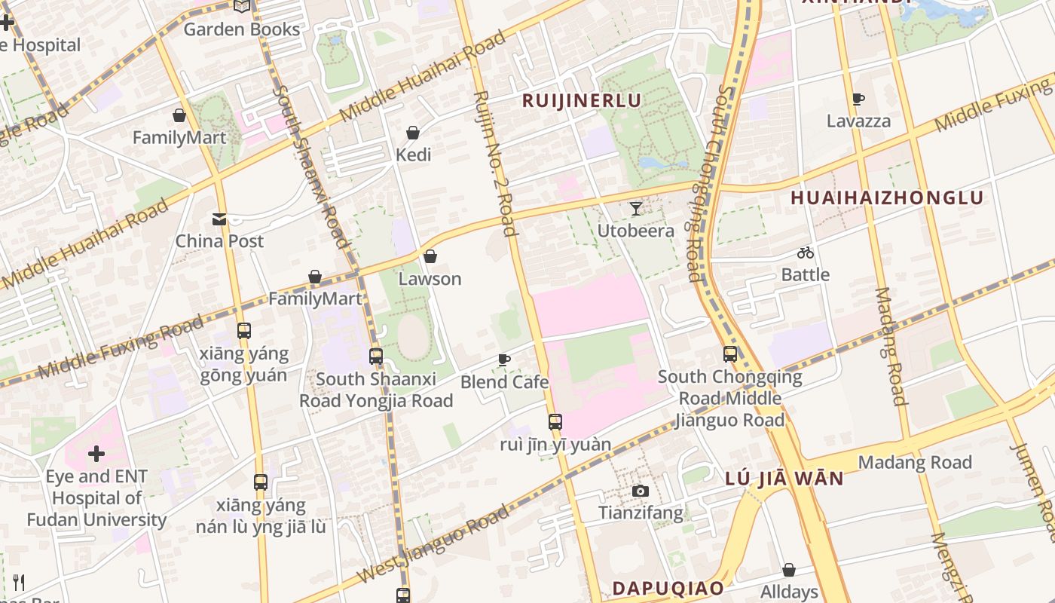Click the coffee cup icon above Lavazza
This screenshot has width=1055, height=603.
pos(858,99)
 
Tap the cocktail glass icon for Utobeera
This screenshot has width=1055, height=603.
pos(636,209)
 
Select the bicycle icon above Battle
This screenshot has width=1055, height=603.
pos(806,253)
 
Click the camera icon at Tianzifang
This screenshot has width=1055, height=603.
pos(641,491)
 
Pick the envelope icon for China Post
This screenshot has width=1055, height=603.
pos(219,219)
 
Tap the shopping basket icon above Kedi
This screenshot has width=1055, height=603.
pos(413,133)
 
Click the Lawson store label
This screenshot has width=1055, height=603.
pos(430,279)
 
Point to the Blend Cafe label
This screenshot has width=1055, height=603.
pos(504,382)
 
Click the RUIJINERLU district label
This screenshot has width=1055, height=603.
pos(582,101)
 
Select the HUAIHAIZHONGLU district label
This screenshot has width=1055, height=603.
pos(887,198)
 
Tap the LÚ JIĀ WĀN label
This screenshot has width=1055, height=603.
pos(784,479)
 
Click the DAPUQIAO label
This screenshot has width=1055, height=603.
pos(668,588)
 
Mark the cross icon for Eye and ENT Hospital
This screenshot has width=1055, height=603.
pos(96,454)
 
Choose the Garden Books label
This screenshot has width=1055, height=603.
pos(242,29)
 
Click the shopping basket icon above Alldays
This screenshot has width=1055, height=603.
pos(789,570)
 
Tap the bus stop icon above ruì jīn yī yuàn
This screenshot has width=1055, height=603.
pos(555,422)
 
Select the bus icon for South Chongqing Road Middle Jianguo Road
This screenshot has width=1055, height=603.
pos(729,354)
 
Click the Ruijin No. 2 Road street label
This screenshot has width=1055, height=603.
pos(494,163)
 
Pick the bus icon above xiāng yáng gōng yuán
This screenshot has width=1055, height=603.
pos(243,331)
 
